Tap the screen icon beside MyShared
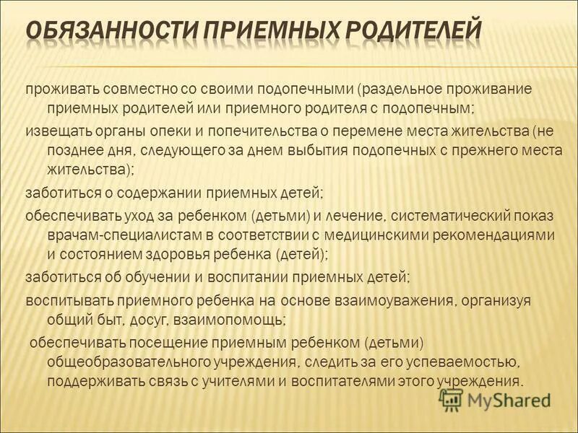click(x=451, y=398)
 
